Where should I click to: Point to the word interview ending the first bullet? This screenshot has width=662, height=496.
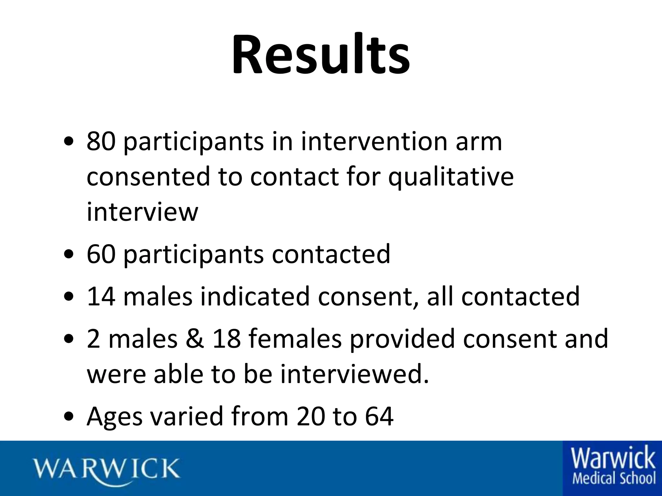point(142,212)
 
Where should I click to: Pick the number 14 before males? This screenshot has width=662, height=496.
point(101,296)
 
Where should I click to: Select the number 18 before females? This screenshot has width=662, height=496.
point(227,339)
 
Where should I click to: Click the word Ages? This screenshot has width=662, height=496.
point(114,417)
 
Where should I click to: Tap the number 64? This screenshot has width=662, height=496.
point(379,417)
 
